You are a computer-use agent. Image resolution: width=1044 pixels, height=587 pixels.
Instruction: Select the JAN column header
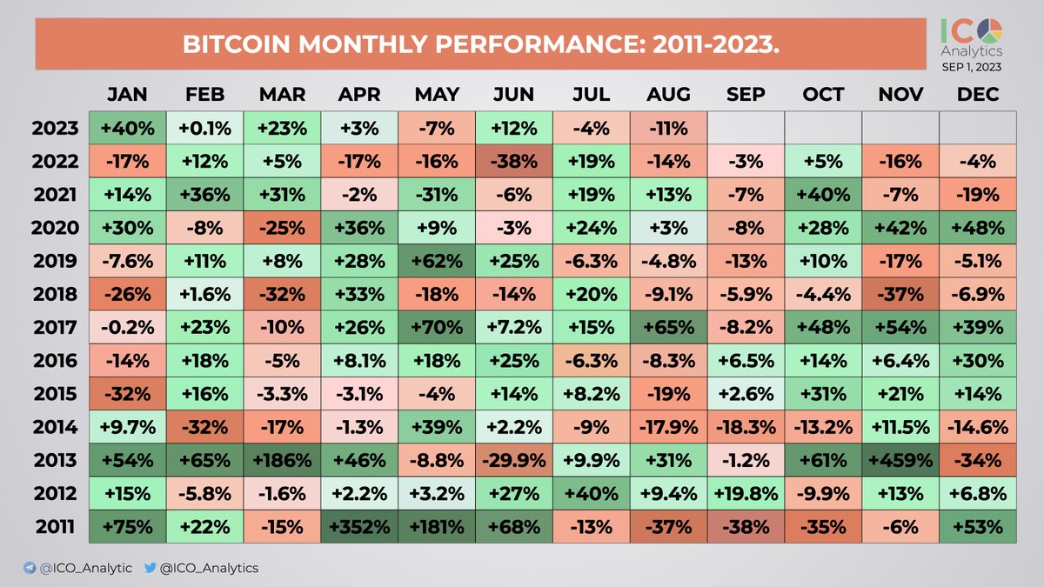(x=127, y=94)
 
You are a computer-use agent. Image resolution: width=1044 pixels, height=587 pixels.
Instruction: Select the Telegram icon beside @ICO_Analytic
(x=30, y=568)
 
